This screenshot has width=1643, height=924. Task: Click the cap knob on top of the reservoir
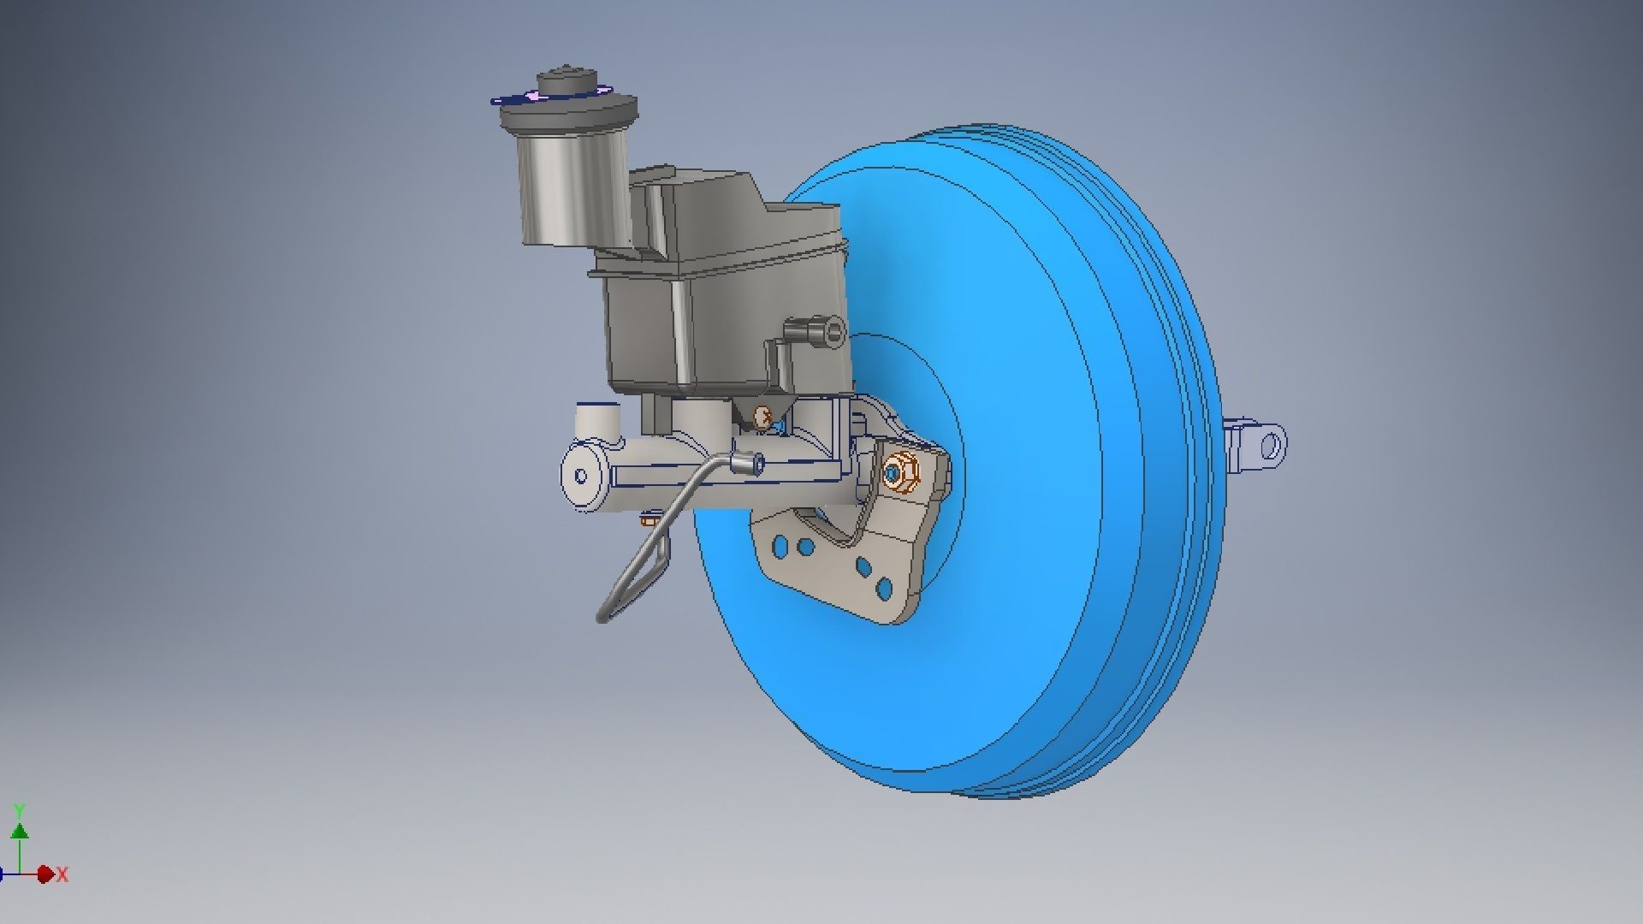(566, 82)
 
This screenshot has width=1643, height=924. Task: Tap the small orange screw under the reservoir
(760, 418)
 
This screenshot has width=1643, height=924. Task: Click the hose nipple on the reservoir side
(813, 331)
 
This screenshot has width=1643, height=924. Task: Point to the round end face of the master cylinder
(583, 477)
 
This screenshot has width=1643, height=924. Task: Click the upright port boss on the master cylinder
(596, 419)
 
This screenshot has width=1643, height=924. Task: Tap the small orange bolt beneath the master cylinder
(648, 517)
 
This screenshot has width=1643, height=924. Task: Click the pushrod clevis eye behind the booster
(1271, 445)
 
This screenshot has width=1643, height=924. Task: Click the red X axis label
(62, 874)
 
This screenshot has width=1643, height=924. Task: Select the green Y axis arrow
(20, 830)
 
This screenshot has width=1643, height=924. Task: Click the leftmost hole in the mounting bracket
(780, 545)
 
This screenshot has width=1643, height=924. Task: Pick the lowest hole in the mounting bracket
(883, 589)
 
